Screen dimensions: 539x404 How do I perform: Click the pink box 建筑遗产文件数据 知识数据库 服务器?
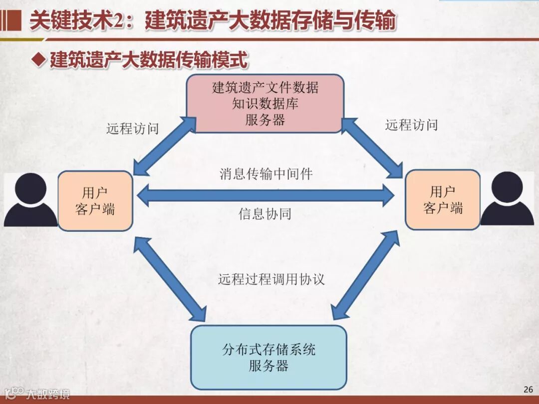point(265,104)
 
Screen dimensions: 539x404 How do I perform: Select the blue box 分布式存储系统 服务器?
point(269,357)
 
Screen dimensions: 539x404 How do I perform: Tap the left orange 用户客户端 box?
point(95,201)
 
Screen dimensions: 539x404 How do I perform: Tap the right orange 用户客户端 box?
point(443,200)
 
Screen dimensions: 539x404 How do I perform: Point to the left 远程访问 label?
point(132,128)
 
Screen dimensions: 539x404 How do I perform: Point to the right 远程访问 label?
point(411,125)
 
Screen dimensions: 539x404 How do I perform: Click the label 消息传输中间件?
point(266,174)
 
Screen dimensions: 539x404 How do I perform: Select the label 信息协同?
point(265,214)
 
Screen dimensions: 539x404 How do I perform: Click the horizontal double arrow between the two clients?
point(266,195)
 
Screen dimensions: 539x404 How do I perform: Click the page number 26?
point(528,390)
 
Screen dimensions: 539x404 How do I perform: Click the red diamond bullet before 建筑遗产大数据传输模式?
point(38,60)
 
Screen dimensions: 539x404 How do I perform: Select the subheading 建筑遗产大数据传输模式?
point(148,60)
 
